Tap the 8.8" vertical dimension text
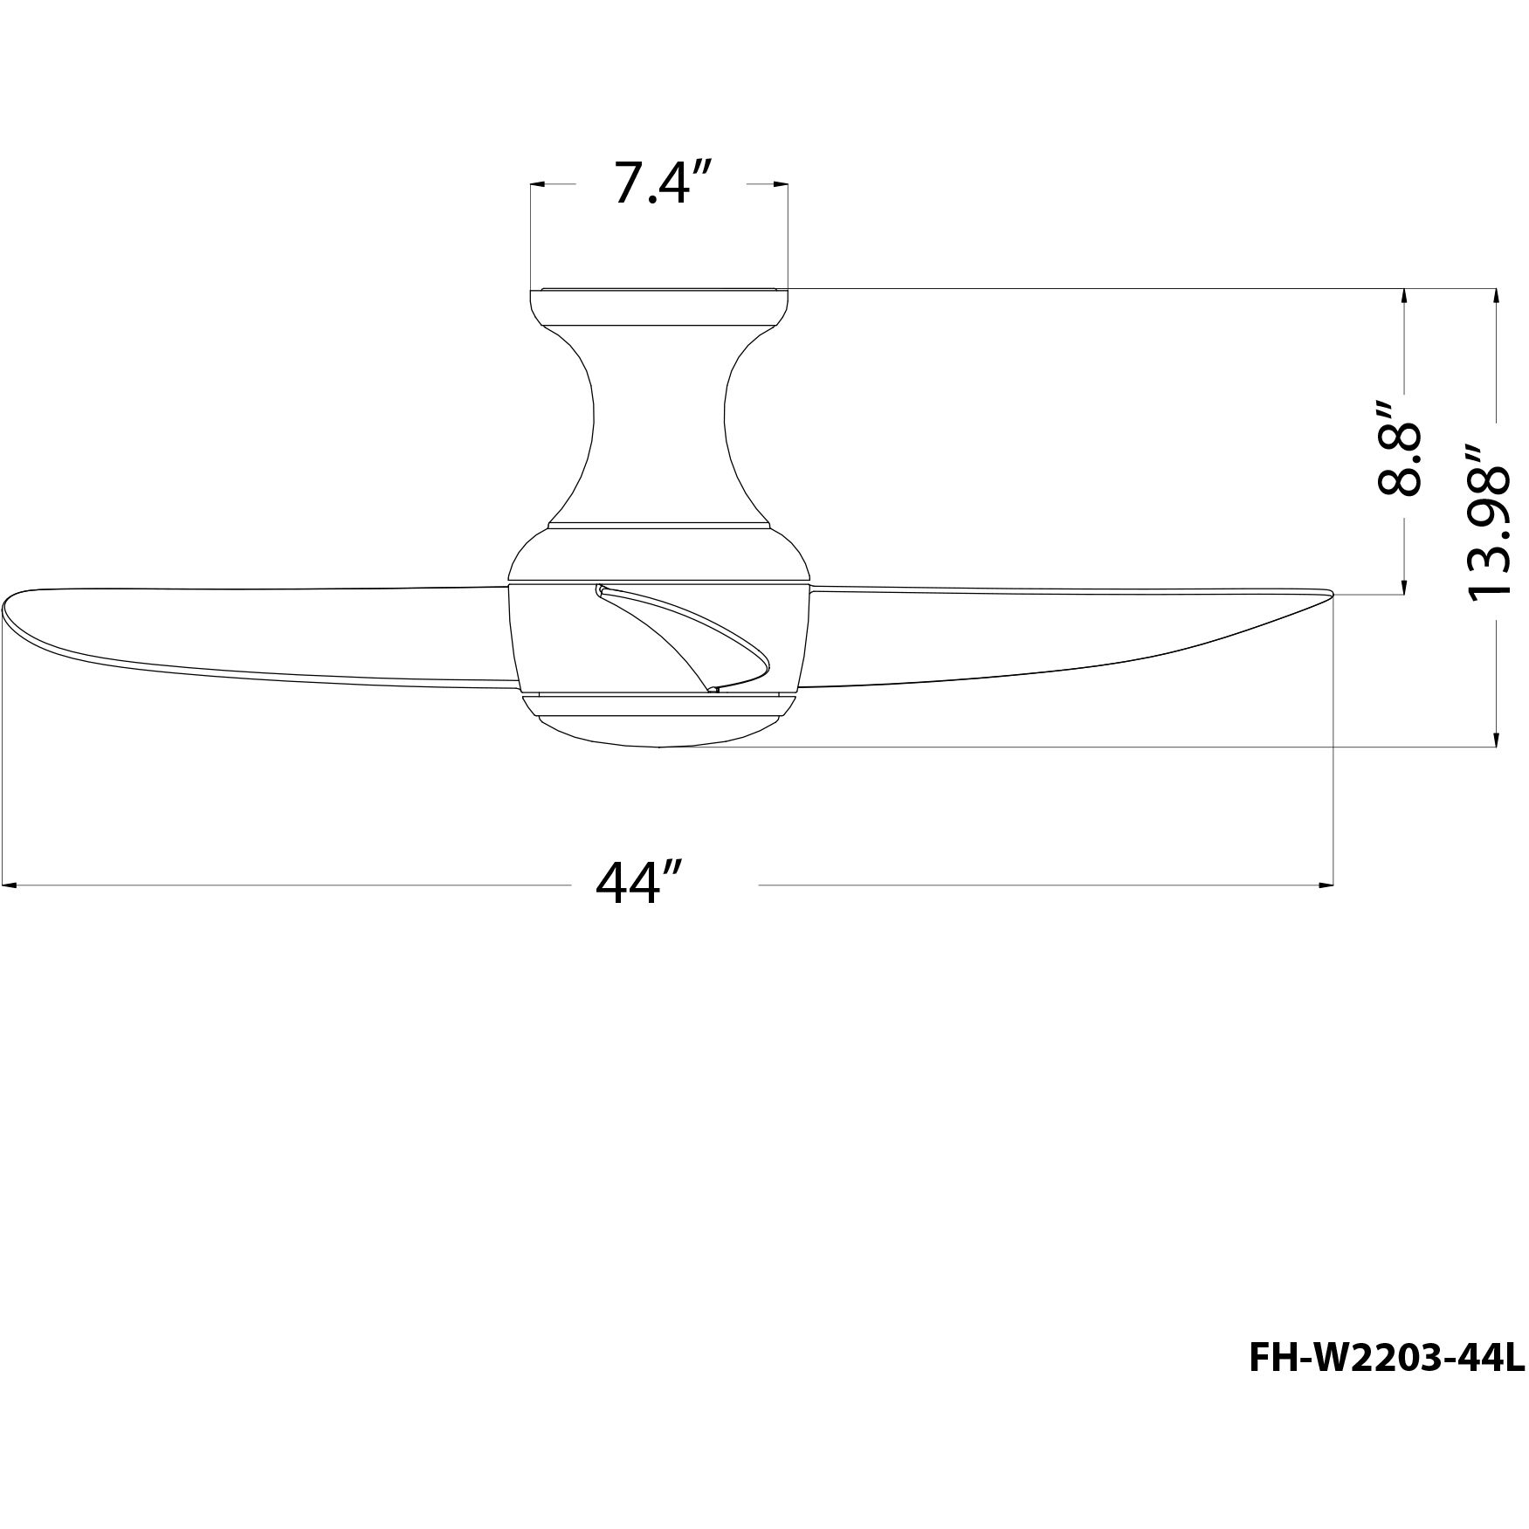[1399, 448]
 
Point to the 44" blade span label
[638, 885]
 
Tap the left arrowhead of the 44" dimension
[10, 885]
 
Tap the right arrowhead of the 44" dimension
[1327, 885]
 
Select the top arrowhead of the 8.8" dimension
[1403, 296]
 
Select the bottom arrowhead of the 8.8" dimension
[1403, 588]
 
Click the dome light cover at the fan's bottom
[659, 725]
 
